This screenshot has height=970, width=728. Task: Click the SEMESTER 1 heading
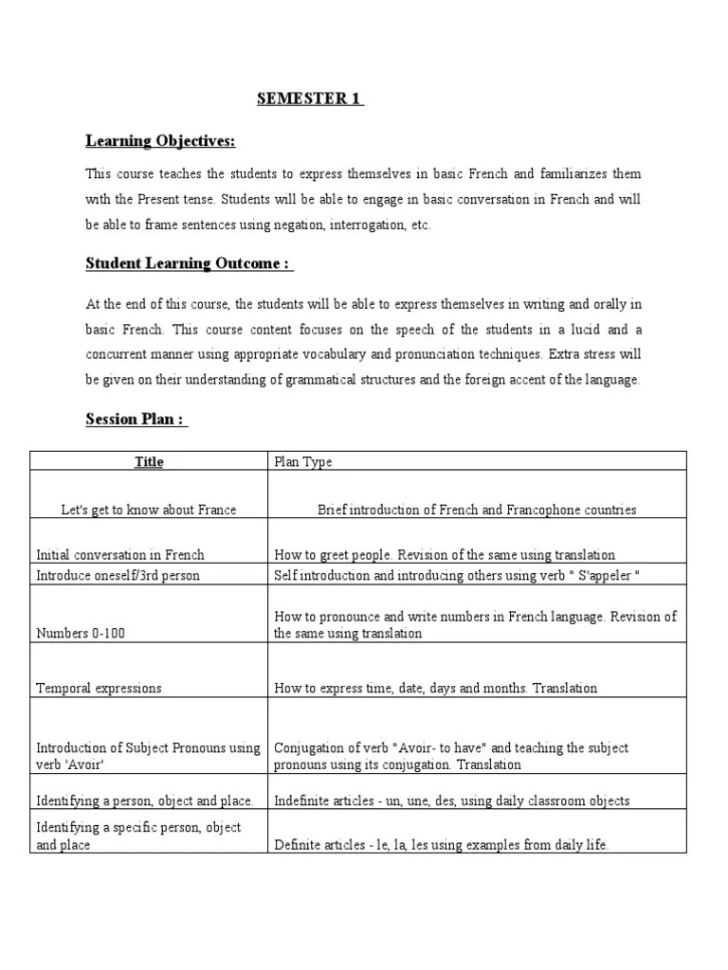pos(310,99)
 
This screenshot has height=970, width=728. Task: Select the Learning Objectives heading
pos(160,141)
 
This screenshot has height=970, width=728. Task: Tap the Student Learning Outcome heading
pos(189,263)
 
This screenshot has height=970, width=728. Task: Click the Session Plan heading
pos(136,419)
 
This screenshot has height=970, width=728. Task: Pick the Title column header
pos(149,461)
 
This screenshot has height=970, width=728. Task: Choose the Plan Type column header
pos(303,461)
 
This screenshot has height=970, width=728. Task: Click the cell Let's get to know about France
pos(149,510)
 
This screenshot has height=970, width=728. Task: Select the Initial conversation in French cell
pos(119,555)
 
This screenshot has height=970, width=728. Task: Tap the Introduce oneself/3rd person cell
pos(119,575)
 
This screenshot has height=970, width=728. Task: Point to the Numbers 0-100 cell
pos(81,633)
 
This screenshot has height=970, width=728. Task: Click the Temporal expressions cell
pos(99,688)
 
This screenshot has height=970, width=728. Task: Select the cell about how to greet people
pos(445,555)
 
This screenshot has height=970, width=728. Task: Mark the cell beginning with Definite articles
pos(441,845)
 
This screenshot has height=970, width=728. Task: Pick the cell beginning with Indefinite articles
pos(451,800)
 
